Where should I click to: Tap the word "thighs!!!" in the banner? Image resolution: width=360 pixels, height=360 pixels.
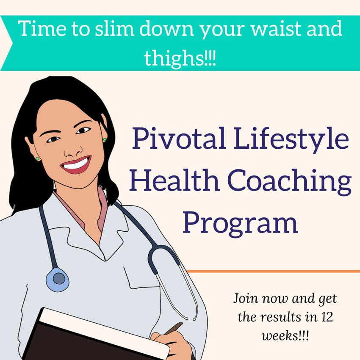click(180, 58)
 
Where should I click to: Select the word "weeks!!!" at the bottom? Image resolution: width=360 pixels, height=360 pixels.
click(285, 336)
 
